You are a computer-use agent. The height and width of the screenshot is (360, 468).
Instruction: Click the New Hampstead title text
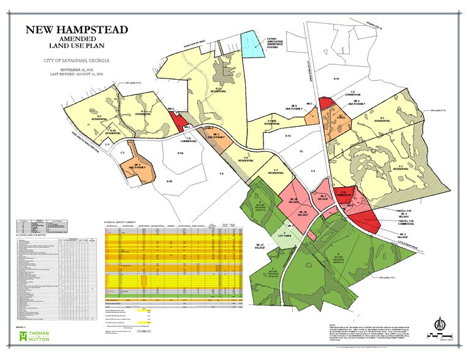[77, 31]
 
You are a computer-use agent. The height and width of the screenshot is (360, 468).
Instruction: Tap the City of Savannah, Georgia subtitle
[77, 62]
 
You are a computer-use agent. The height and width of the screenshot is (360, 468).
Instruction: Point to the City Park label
[284, 235]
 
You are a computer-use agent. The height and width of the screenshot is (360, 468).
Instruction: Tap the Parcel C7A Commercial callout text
[402, 223]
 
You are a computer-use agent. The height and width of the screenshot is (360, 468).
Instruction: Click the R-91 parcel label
[336, 80]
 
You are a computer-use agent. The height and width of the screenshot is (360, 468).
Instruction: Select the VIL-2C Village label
[259, 246]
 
